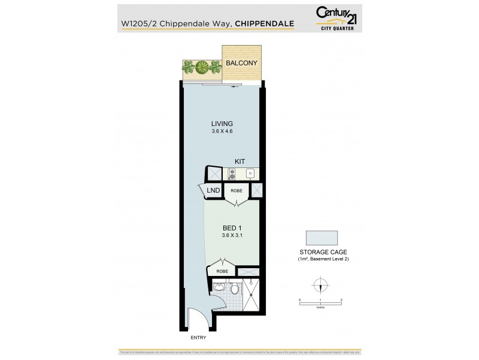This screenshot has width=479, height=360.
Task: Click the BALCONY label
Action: coord(241,63)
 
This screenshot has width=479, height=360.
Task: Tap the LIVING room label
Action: coord(222,124)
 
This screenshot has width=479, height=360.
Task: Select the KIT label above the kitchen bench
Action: coord(239,161)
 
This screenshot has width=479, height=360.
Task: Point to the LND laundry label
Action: coord(213,191)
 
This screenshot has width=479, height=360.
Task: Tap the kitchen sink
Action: coord(251,173)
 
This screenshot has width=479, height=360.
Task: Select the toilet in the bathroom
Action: coord(236,290)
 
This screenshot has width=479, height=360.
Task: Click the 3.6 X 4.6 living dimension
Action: coord(222,132)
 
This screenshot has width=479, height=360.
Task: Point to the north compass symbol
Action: coord(321,286)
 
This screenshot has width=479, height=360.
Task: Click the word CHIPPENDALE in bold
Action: coord(264,24)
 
